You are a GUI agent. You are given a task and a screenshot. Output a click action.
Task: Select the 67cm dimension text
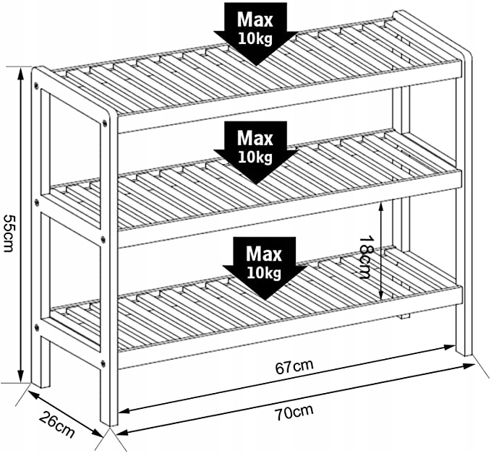coord(294,367)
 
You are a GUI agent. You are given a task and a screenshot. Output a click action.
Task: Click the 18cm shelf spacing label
coord(365,257)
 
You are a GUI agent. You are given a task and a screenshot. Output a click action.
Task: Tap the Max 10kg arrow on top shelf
coord(255,34)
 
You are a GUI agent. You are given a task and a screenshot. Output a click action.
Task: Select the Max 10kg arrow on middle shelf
coord(255,152)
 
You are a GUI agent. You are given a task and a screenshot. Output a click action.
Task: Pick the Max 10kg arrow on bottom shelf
coord(264,269)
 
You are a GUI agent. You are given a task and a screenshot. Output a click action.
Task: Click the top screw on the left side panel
coord(36,84)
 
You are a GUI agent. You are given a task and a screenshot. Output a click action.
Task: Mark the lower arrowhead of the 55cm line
coord(20,376)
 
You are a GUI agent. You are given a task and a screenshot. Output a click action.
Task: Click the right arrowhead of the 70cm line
coord(470,366)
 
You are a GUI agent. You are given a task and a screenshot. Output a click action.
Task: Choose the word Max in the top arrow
coord(255,20)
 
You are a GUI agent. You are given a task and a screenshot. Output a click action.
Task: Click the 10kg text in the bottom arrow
coord(264,273)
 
